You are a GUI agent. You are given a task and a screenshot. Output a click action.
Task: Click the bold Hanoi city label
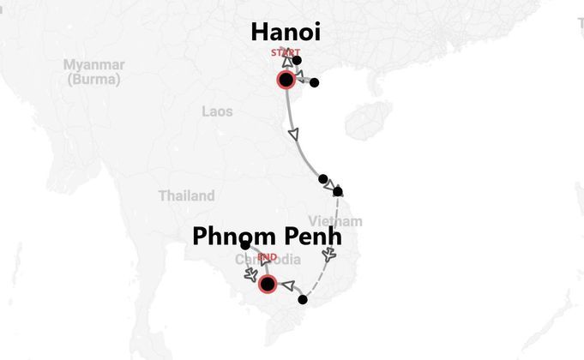286,33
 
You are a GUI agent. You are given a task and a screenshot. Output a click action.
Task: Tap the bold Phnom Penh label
272,236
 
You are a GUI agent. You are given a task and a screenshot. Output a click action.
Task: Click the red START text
286,52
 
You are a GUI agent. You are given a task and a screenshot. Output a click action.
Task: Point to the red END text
267,256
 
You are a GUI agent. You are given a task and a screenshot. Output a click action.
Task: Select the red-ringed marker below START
286,80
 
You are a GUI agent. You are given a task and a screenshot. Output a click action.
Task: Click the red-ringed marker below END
267,284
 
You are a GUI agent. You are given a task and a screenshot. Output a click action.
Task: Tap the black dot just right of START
297,60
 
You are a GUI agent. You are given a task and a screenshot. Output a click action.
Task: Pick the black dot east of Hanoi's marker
314,82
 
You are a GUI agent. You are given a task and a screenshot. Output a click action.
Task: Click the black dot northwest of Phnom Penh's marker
245,246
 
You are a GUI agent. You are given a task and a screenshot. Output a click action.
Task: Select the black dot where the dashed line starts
338,191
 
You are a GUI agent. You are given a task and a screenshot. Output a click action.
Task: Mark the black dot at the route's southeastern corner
302,299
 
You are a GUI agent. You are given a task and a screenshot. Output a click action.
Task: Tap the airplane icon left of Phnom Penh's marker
250,275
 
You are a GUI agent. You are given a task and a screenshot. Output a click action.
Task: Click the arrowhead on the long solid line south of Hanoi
295,135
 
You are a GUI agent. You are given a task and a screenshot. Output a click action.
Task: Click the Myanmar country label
93,65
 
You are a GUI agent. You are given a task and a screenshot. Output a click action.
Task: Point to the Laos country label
217,111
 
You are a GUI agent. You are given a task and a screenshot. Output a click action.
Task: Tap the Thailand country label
186,195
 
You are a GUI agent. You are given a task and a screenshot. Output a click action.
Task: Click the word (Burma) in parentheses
93,79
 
